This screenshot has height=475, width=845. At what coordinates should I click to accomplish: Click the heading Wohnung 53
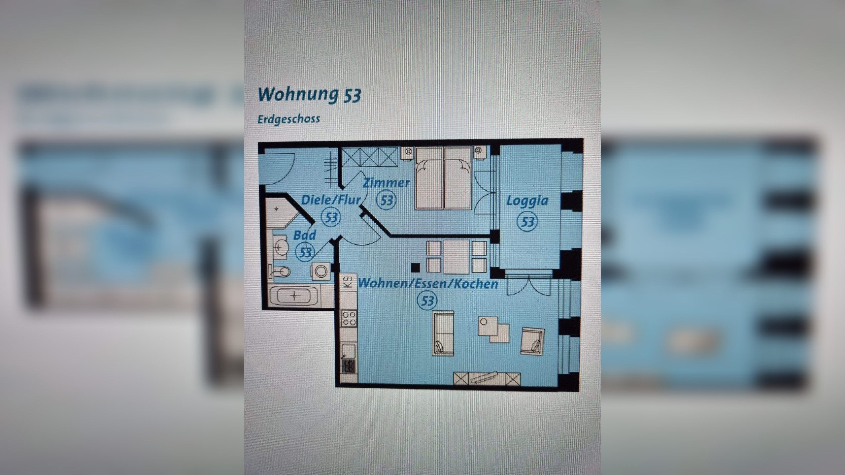[x=309, y=95]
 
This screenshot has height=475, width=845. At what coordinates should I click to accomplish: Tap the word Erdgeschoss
[x=288, y=119]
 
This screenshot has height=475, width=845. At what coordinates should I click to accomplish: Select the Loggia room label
[x=527, y=201]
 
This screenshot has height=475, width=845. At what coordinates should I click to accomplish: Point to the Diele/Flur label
[x=331, y=200]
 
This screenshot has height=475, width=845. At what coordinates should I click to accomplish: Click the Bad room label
[x=304, y=235]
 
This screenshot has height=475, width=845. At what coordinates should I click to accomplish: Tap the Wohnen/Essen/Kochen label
[x=428, y=284]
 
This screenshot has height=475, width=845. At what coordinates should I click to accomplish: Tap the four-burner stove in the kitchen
[x=349, y=318]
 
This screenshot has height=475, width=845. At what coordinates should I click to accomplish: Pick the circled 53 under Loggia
[x=527, y=221]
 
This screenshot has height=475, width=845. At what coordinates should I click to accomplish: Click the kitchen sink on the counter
[x=348, y=351]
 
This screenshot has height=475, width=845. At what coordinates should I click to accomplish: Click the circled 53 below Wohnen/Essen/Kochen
[x=427, y=301]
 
